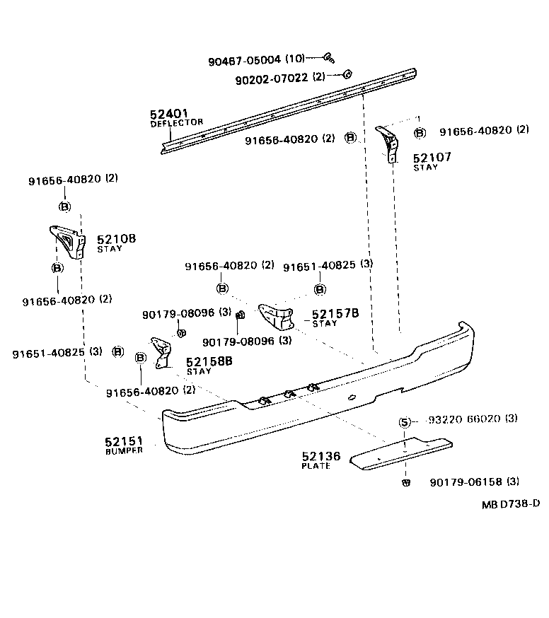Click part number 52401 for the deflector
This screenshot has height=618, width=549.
click(x=168, y=114)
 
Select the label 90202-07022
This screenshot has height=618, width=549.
click(x=272, y=77)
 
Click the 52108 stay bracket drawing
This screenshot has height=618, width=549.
click(x=67, y=241)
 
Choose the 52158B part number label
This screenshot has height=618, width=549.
click(x=209, y=361)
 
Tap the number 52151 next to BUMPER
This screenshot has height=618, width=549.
click(x=125, y=441)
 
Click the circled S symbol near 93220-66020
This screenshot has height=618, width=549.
click(x=404, y=422)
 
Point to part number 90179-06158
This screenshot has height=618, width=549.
click(x=466, y=482)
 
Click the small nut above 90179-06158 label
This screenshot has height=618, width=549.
click(x=405, y=483)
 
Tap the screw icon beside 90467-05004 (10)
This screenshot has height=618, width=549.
click(x=329, y=58)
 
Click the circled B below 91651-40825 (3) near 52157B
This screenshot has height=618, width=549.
click(x=320, y=289)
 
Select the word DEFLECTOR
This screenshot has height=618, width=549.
click(x=176, y=123)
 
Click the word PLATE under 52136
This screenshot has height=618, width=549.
click(x=316, y=467)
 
